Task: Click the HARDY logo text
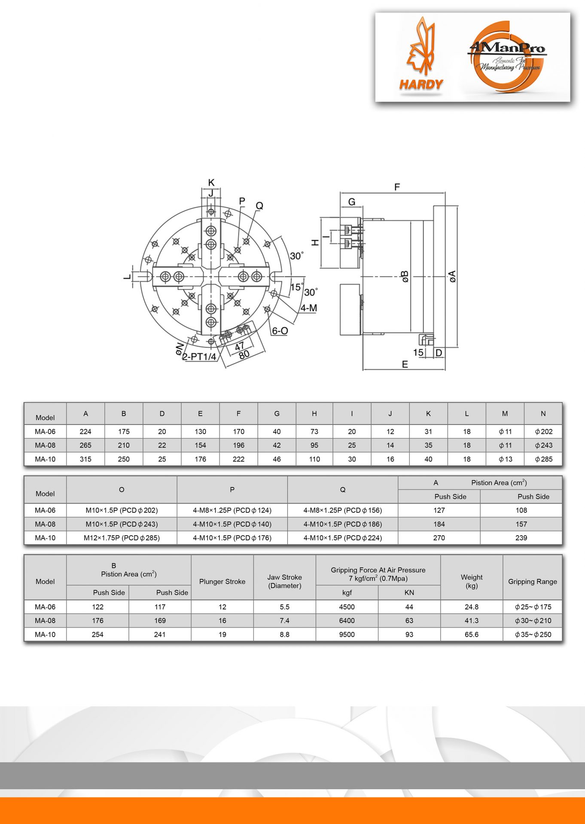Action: click(x=421, y=84)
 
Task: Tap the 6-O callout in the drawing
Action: click(x=280, y=330)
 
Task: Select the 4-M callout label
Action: click(x=308, y=308)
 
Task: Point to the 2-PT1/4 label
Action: click(x=199, y=357)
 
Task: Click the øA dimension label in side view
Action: click(x=452, y=276)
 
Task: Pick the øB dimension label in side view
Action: click(x=404, y=276)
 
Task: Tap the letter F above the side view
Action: click(x=397, y=187)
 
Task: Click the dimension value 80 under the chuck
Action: click(x=244, y=355)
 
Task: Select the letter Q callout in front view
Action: click(x=259, y=206)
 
